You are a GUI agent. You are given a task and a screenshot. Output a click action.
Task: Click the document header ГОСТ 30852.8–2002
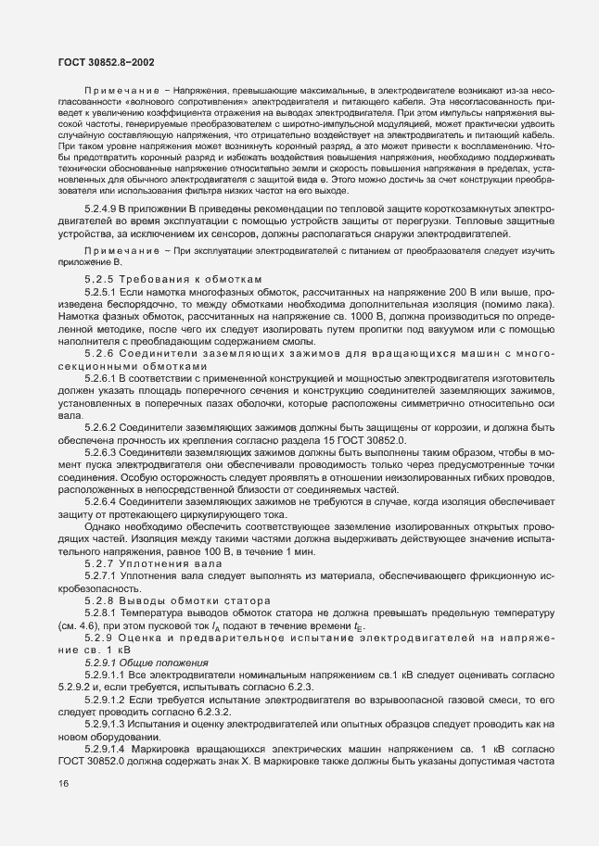(x=101, y=62)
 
